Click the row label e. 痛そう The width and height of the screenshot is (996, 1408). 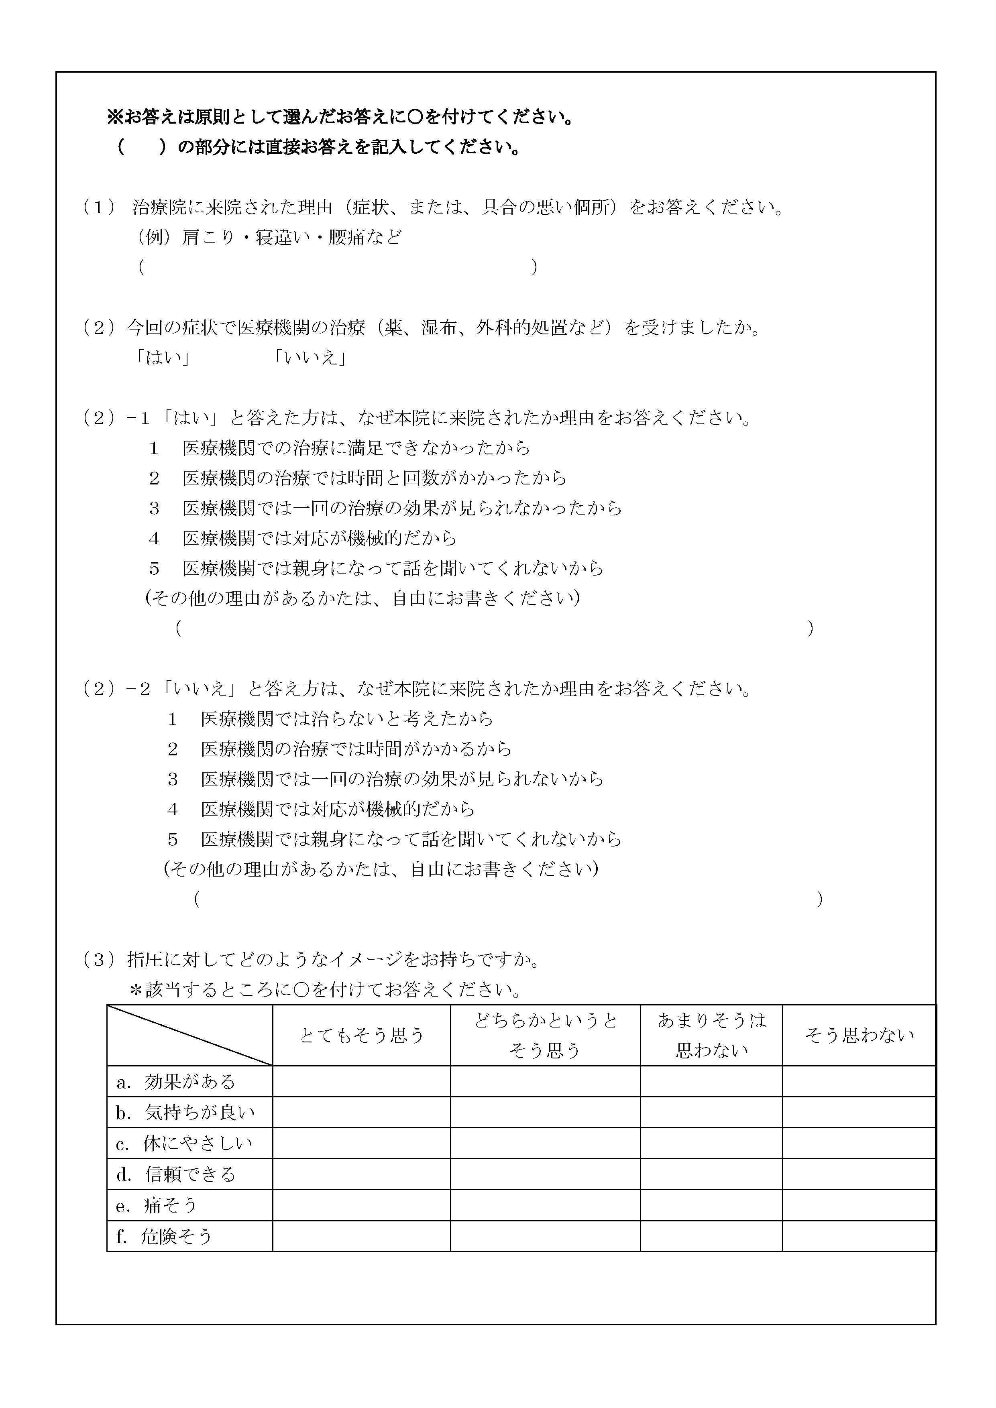157,1205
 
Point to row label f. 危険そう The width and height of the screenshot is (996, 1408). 164,1236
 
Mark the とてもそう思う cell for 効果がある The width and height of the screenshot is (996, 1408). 361,1081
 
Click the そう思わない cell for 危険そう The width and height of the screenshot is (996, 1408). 859,1236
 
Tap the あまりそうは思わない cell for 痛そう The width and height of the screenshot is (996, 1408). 711,1205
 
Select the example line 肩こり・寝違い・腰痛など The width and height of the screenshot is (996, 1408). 291,237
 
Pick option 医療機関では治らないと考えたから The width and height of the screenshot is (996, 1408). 346,719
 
